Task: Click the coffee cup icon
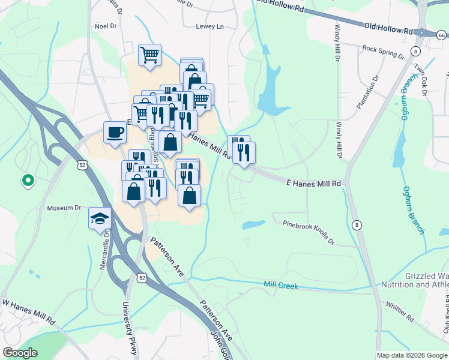click(x=114, y=133)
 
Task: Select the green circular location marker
click(x=27, y=179)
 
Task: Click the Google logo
click(x=20, y=353)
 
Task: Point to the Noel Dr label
click(x=104, y=26)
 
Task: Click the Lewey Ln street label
click(x=209, y=26)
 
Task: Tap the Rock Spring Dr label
click(x=384, y=52)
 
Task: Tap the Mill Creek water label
click(x=281, y=286)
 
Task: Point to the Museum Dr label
click(x=64, y=208)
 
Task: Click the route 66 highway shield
click(x=441, y=35)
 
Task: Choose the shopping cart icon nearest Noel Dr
click(x=149, y=54)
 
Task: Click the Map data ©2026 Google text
click(x=412, y=355)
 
